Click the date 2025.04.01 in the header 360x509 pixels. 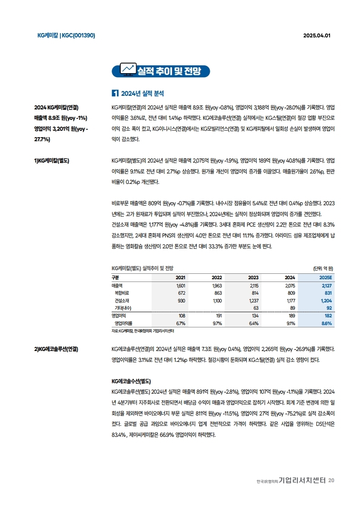click(316, 35)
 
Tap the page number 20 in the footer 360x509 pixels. click(331, 480)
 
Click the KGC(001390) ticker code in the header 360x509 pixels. click(78, 35)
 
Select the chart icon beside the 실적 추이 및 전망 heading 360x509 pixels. click(128, 69)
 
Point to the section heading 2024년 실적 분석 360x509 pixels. click(140, 94)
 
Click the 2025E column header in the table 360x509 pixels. click(325, 277)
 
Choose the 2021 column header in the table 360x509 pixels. click(180, 277)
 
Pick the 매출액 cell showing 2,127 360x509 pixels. click(326, 286)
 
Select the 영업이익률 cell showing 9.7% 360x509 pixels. click(217, 323)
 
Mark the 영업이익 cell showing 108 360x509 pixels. click(182, 315)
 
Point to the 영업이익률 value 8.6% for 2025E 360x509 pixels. click(326, 323)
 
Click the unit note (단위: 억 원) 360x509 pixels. click(323, 268)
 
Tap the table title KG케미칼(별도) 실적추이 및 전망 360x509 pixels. click(143, 268)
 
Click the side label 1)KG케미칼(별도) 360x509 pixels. click(52, 160)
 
